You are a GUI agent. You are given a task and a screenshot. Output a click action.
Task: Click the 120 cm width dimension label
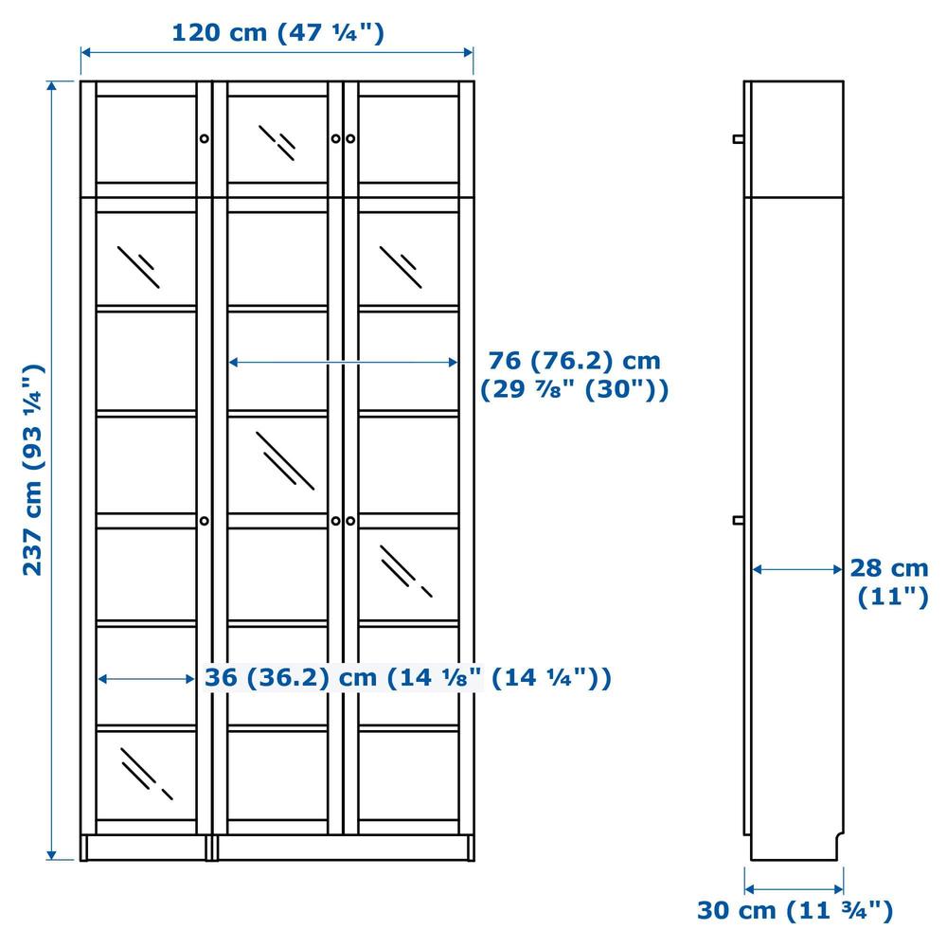click(277, 32)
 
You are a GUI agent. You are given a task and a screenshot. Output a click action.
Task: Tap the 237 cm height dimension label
click(33, 470)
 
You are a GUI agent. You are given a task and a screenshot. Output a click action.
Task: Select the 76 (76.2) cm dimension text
click(575, 361)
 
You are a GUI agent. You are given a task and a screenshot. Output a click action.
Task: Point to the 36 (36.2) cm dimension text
click(407, 677)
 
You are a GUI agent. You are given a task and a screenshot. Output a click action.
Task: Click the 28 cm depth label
click(889, 581)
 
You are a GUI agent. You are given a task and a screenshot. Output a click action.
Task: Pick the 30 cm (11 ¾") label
click(795, 910)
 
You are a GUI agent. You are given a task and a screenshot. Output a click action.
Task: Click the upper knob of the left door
click(205, 139)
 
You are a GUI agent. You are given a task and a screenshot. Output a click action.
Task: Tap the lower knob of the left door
click(205, 521)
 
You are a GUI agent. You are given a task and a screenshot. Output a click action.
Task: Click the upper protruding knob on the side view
click(738, 139)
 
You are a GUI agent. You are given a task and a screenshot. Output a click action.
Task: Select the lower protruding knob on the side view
click(738, 520)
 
